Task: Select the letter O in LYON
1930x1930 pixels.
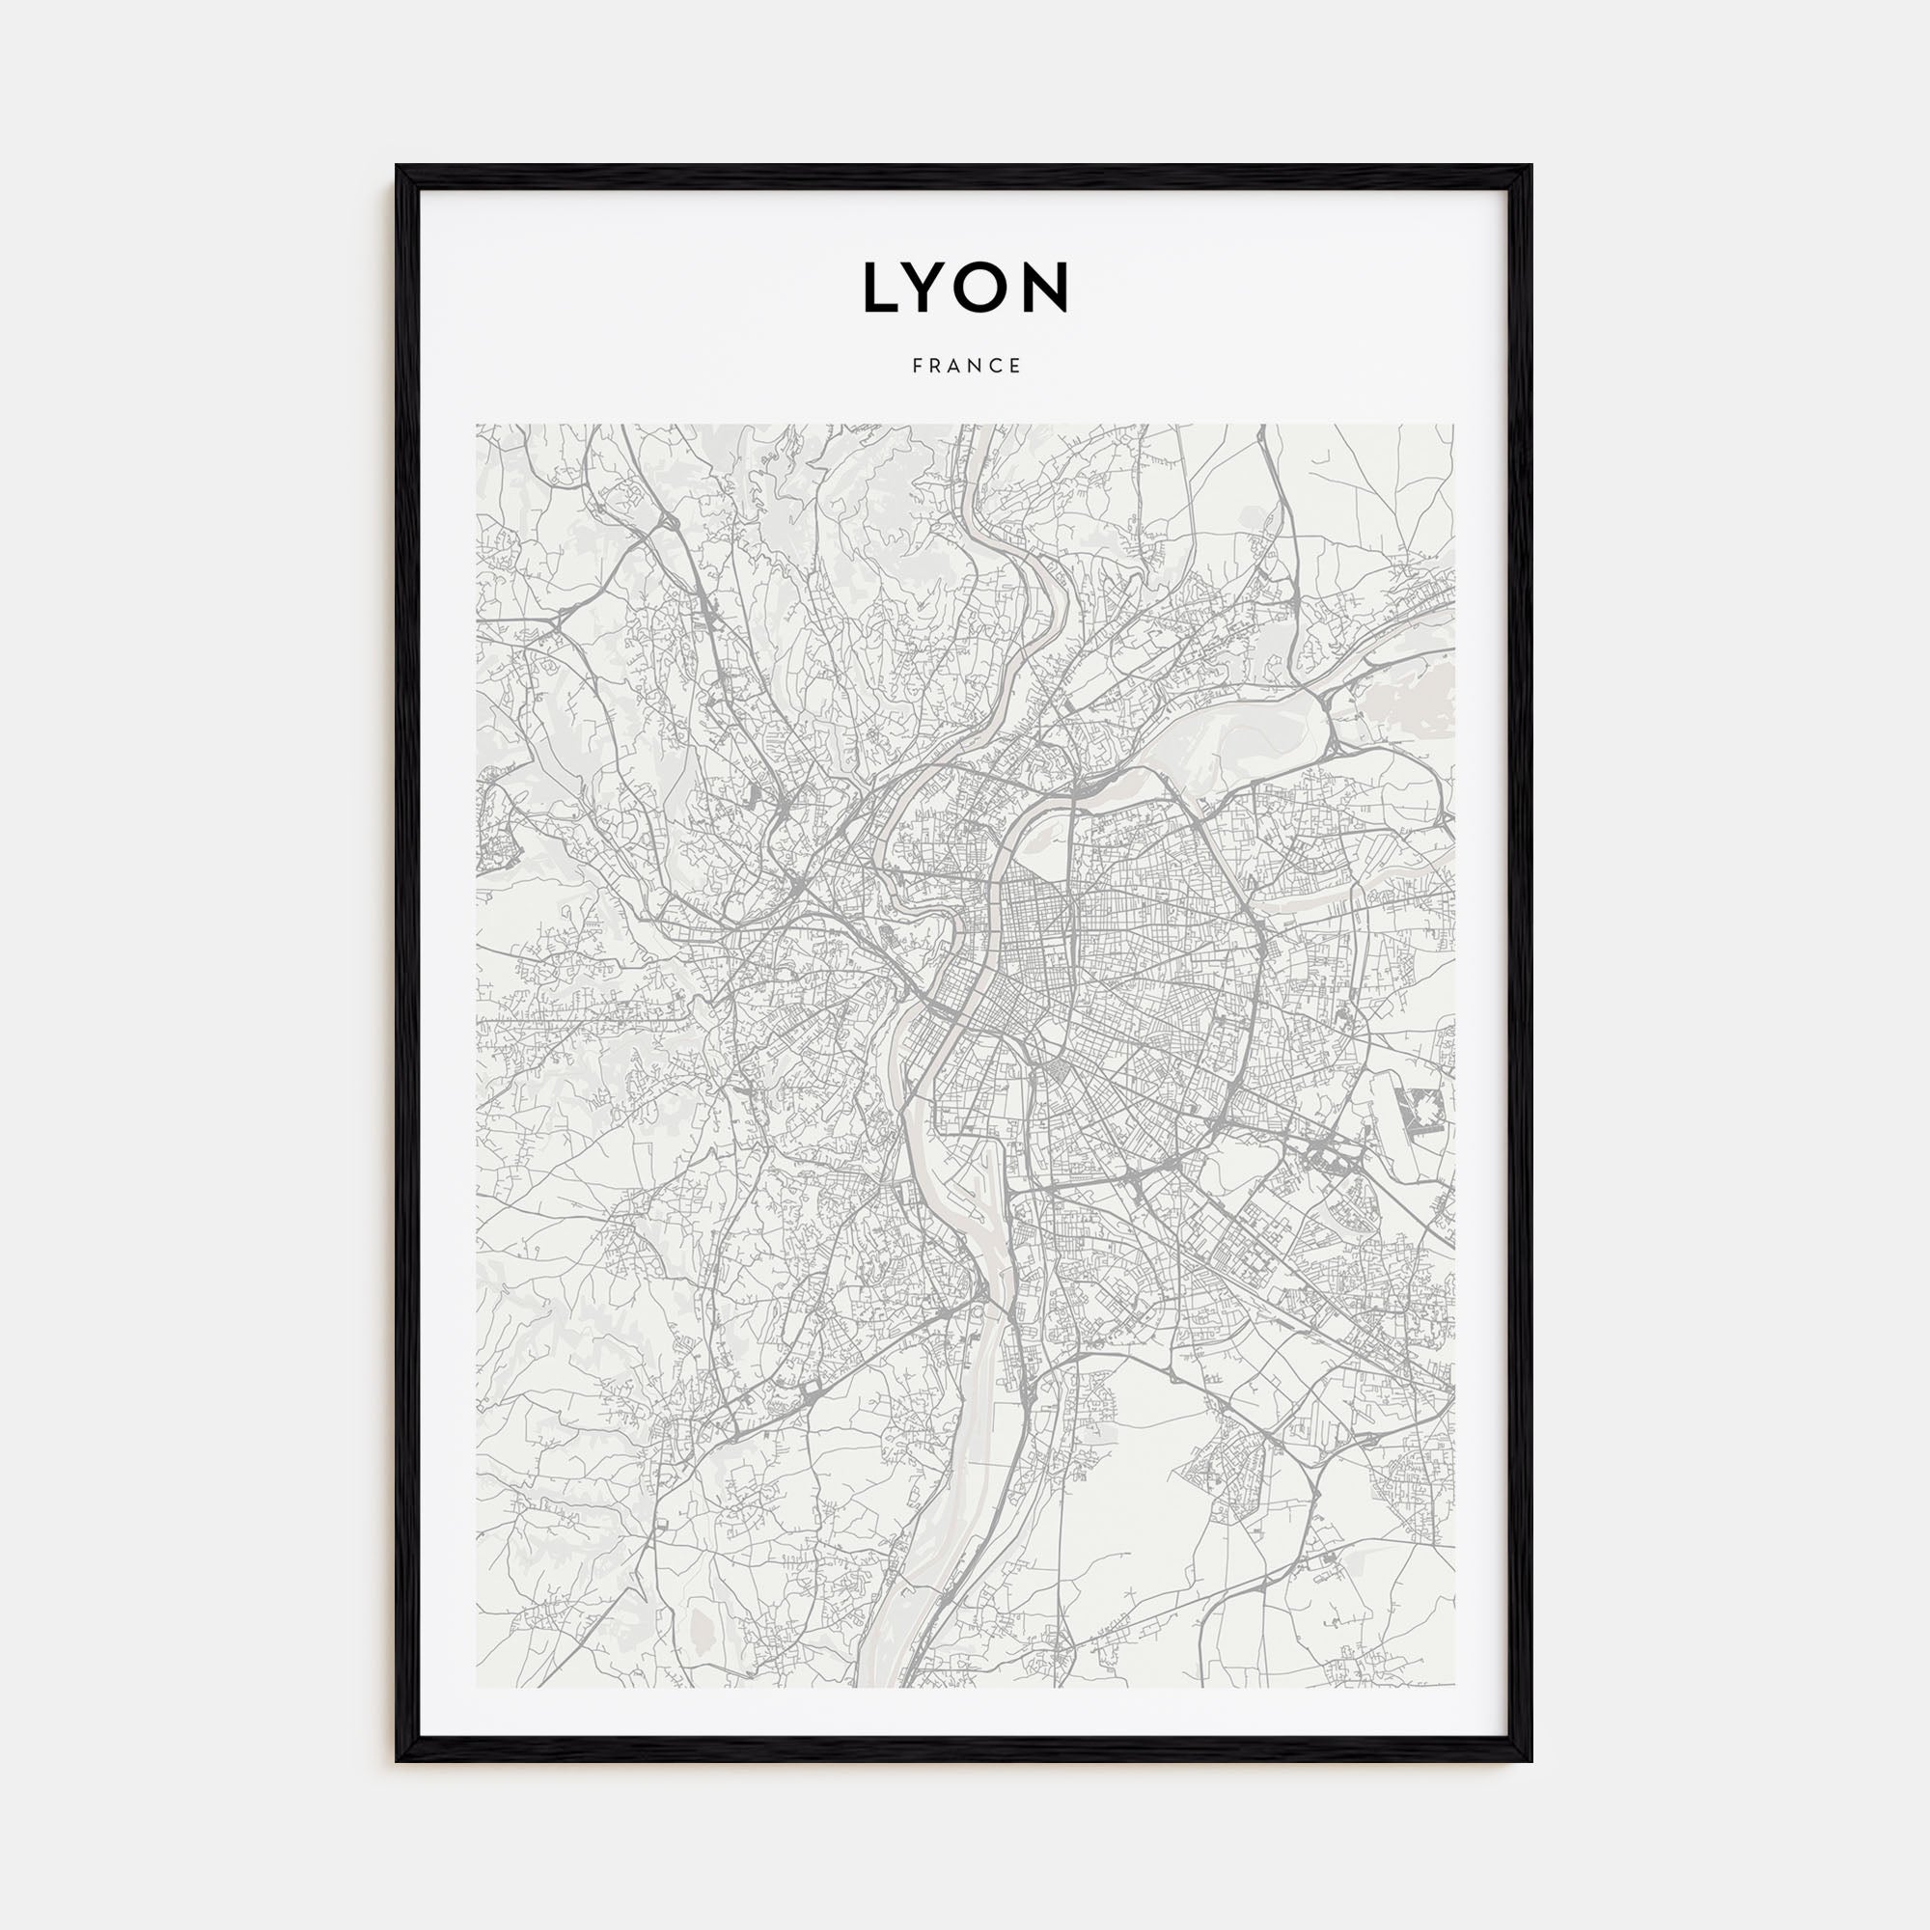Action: click(x=987, y=287)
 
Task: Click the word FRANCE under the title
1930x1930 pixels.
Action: click(x=966, y=367)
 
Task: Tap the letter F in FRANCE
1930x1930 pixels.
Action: click(x=916, y=367)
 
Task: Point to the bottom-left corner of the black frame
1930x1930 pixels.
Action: click(x=398, y=1760)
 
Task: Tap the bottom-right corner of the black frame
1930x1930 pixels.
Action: click(x=1530, y=1760)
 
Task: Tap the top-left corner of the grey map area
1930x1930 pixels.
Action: click(x=478, y=425)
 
